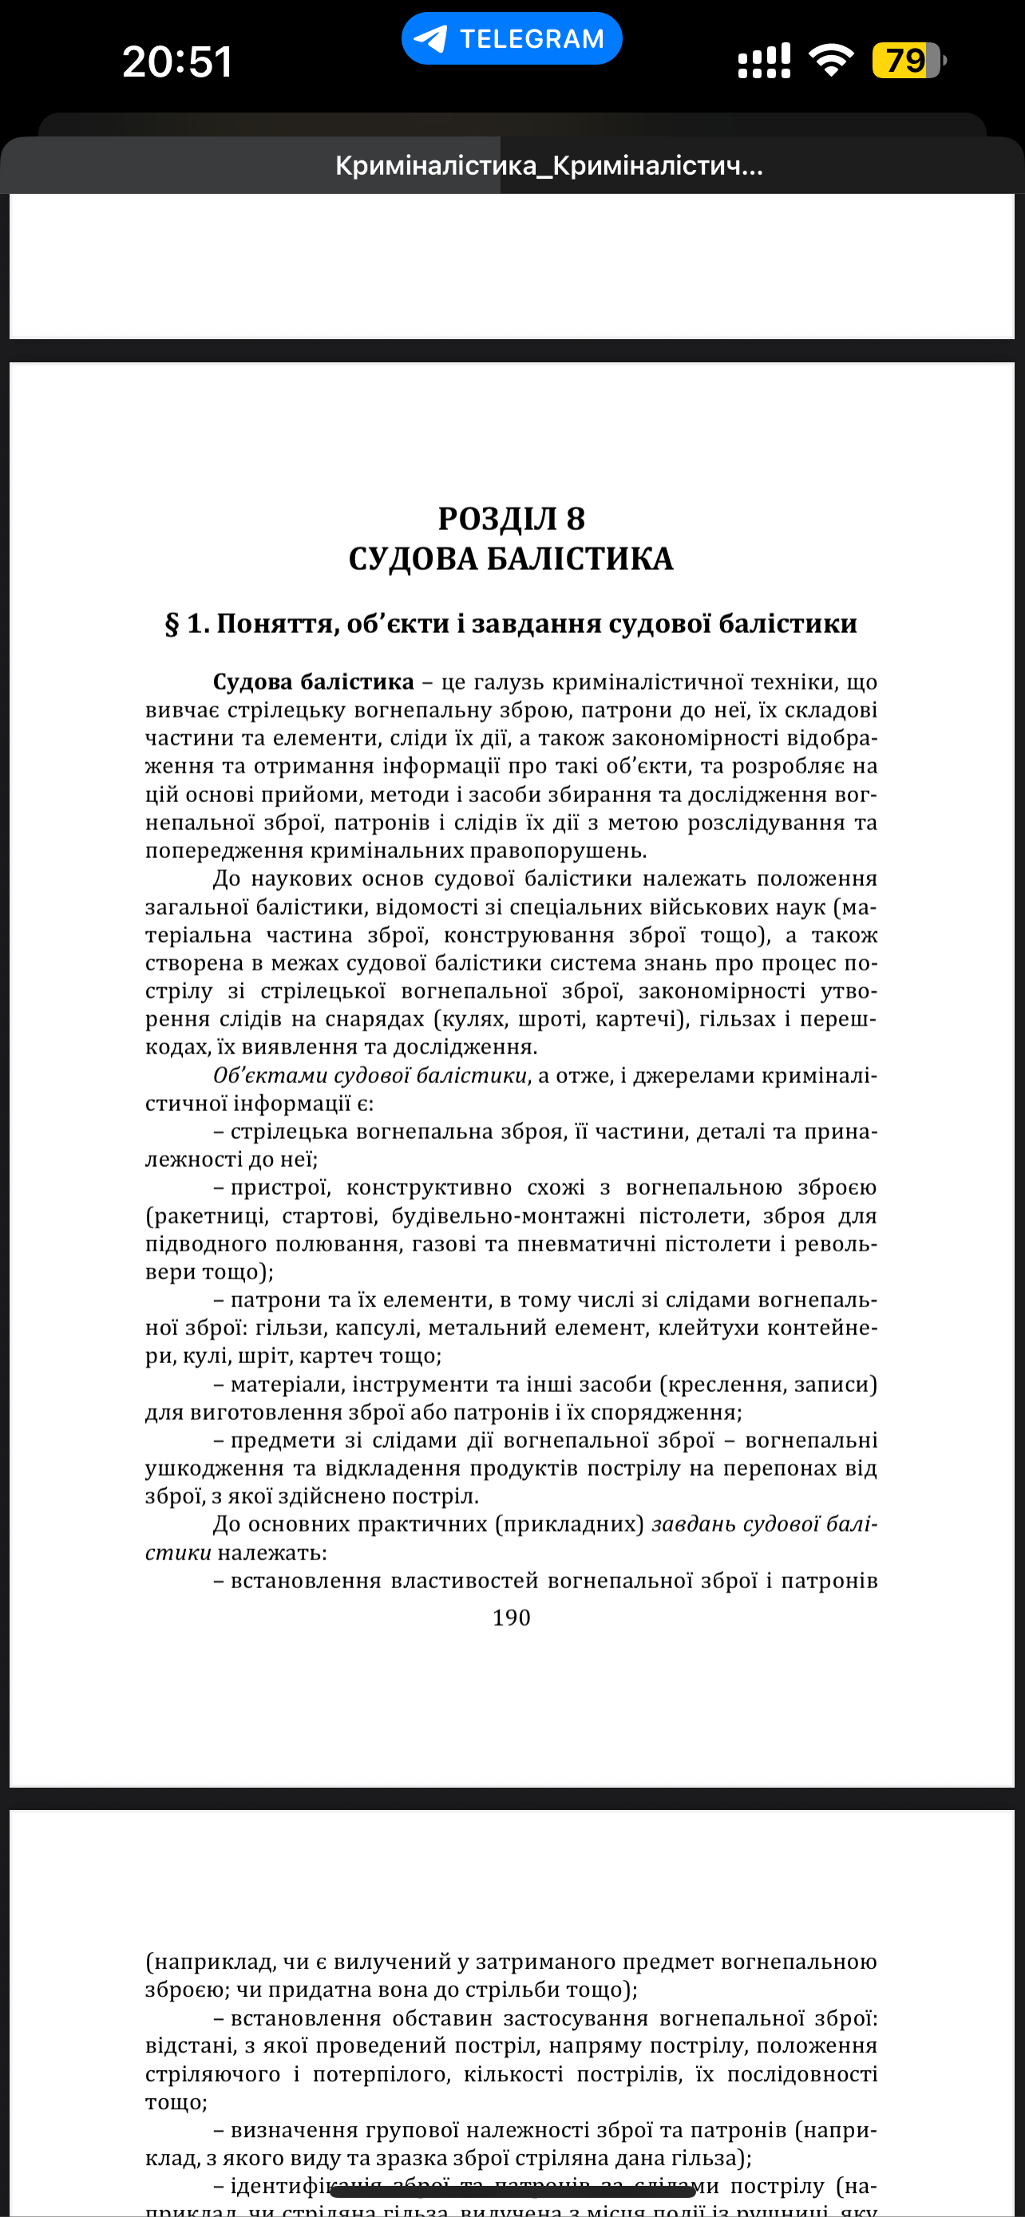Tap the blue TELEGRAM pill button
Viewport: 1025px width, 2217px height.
click(x=511, y=39)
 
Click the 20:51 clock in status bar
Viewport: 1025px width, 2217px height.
click(x=177, y=62)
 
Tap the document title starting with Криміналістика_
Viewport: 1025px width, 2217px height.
click(x=548, y=165)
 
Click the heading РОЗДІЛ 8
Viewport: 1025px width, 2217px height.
click(x=511, y=519)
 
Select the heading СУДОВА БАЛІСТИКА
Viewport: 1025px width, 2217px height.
click(x=511, y=559)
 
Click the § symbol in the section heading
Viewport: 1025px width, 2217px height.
click(x=172, y=624)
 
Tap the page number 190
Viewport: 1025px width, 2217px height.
click(x=511, y=1618)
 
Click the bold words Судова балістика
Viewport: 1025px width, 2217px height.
click(x=313, y=682)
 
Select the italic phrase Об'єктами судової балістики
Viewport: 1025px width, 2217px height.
click(x=370, y=1076)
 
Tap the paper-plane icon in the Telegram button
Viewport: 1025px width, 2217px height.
click(x=430, y=39)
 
